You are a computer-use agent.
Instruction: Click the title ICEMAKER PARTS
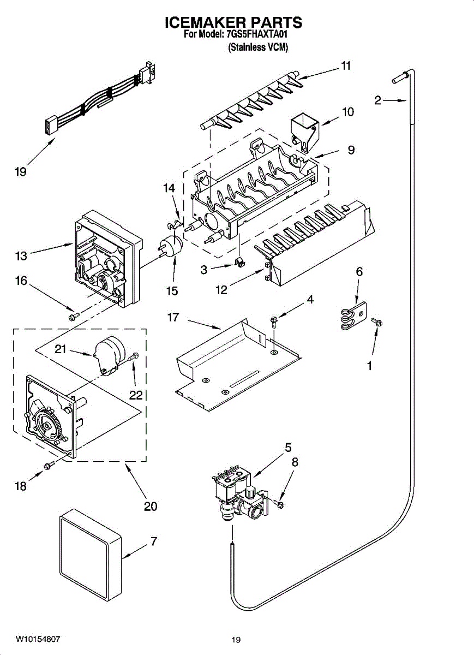click(233, 22)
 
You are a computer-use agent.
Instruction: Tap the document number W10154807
click(38, 638)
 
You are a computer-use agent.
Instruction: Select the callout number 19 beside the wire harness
click(21, 172)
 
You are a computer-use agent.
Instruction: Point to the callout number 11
click(345, 66)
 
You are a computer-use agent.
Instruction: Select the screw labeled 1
click(376, 323)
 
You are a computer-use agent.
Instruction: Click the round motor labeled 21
click(108, 354)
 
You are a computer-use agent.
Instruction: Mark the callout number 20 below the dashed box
click(150, 506)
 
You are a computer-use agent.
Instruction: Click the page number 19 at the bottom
click(236, 640)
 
